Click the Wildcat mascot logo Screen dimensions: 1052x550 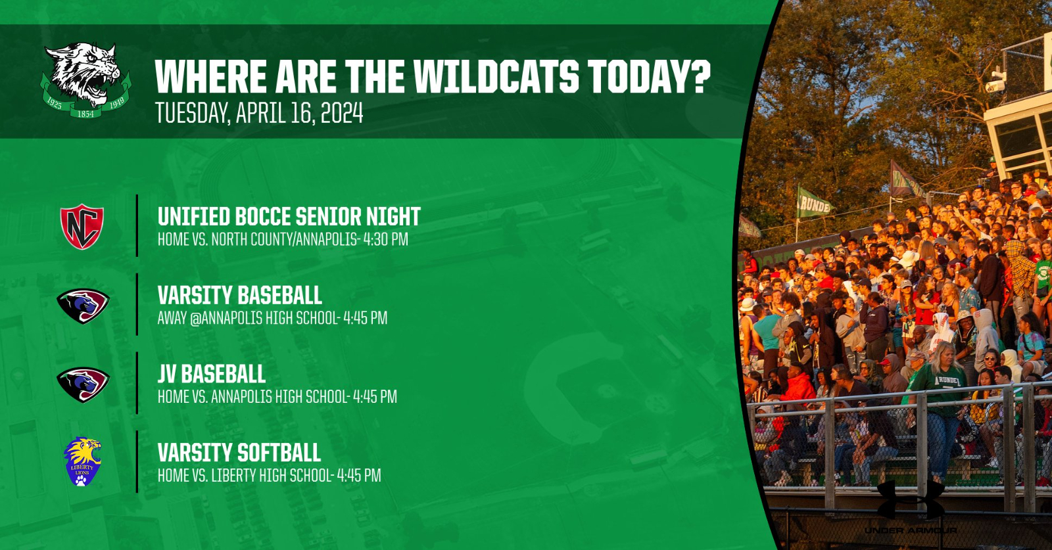pos(86,80)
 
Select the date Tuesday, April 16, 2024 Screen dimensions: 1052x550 pos(259,112)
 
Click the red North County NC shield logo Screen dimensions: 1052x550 pos(82,226)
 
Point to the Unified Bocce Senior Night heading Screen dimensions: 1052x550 pos(289,216)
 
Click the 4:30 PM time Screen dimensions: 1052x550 pos(385,239)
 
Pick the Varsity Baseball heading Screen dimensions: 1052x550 pos(239,295)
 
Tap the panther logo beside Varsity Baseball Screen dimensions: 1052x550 pos(83,306)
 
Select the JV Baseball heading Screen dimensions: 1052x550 pos(211,374)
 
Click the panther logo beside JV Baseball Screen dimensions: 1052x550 pos(83,384)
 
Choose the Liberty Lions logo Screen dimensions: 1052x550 pos(82,462)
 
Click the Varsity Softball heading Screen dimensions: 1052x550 pos(239,453)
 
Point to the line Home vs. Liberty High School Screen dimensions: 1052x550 pos(245,476)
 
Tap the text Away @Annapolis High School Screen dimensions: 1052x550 pos(248,318)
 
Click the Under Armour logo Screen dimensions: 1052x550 pos(911,507)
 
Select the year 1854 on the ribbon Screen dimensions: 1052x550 pos(85,114)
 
